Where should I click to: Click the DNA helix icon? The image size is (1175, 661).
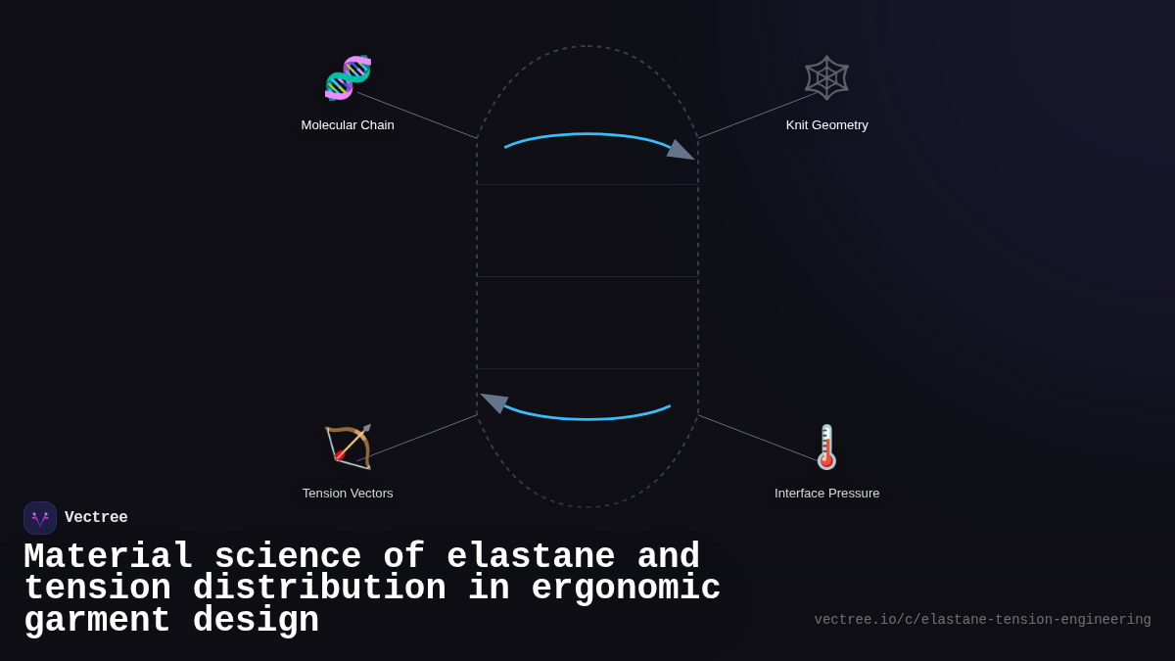tap(348, 77)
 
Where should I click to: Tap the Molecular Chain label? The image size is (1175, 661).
tap(348, 125)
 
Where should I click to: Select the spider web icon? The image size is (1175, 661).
tap(826, 77)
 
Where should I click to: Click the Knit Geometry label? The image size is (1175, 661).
tap(826, 125)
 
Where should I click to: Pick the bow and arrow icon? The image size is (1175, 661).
tap(348, 447)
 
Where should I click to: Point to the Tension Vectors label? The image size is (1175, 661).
tap(348, 494)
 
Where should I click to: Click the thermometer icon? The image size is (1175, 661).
tap(826, 447)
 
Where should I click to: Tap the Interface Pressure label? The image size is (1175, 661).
tap(826, 494)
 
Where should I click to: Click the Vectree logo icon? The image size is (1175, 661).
tap(40, 518)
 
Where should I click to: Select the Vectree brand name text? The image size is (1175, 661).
tap(96, 518)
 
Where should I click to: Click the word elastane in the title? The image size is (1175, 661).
tap(531, 557)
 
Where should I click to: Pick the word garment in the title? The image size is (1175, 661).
tap(97, 621)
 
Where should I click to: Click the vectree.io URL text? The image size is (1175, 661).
tap(982, 620)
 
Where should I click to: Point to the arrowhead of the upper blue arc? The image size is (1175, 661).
tap(681, 151)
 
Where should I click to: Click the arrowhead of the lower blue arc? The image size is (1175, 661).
tap(494, 401)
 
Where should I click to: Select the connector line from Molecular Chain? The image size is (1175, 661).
tap(416, 115)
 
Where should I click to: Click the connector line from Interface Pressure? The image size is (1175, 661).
tap(759, 438)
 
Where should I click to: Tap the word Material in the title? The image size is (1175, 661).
tap(108, 557)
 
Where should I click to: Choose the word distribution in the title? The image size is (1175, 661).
tap(319, 589)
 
